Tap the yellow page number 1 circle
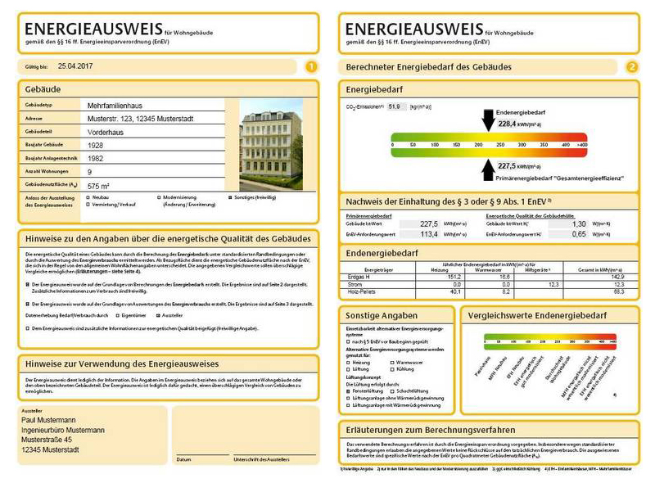[x=310, y=67]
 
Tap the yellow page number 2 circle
[x=631, y=67]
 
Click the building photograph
[x=270, y=145]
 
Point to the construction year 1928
[x=97, y=146]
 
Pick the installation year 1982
[x=97, y=159]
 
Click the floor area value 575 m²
[x=99, y=186]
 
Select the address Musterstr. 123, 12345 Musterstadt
[x=140, y=119]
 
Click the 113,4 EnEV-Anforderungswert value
[x=428, y=234]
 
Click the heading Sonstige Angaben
[x=382, y=315]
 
